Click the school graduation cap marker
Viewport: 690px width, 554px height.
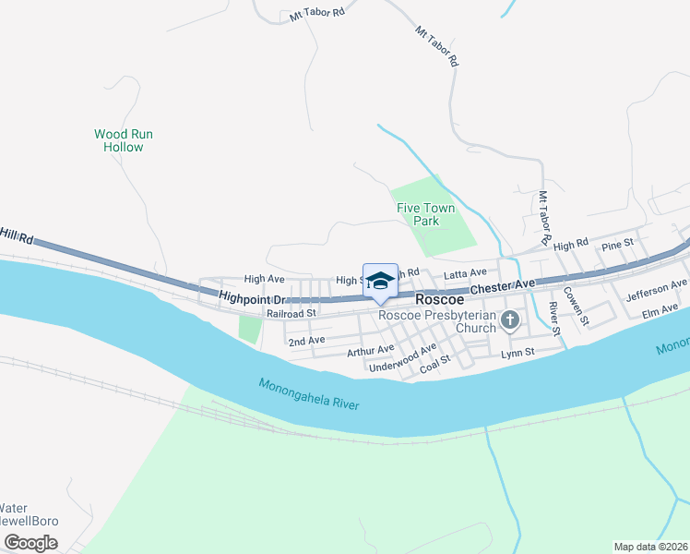click(380, 281)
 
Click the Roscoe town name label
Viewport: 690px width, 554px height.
click(439, 299)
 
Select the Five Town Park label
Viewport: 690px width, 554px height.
click(426, 215)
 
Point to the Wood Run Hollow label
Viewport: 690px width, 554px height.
click(124, 140)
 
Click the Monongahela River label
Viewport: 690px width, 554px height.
click(308, 394)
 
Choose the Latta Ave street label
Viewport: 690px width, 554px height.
click(465, 273)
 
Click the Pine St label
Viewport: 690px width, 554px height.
click(617, 244)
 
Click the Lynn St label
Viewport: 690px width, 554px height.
click(517, 354)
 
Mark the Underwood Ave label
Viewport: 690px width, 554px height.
click(402, 359)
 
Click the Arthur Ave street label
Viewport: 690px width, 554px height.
click(370, 351)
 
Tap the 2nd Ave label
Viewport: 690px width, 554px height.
click(306, 341)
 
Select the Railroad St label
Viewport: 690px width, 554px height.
click(291, 313)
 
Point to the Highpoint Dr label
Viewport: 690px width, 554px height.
click(255, 298)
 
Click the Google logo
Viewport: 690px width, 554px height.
click(31, 542)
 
